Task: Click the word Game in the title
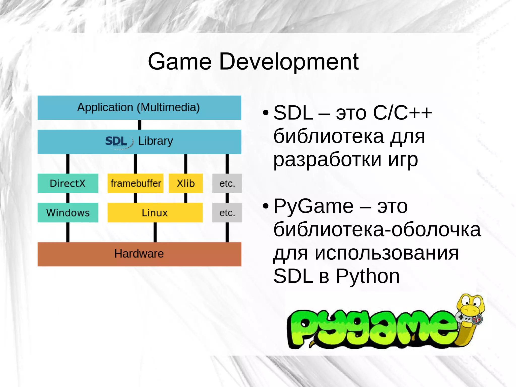[179, 62]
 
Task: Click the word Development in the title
[289, 62]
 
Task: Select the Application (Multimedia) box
[139, 107]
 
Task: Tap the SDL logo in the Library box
[117, 142]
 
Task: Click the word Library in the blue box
[155, 141]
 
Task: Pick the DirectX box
[68, 183]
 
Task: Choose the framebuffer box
[136, 183]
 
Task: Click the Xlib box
[186, 183]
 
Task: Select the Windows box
[68, 213]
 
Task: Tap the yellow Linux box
[155, 213]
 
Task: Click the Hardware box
[139, 254]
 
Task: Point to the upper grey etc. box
[227, 183]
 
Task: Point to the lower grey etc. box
[227, 213]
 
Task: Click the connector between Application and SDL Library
[140, 125]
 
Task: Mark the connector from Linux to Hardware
[155, 232]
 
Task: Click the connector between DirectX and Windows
[68, 198]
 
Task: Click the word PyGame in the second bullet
[313, 206]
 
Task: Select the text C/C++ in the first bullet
[402, 113]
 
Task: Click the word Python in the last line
[368, 276]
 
